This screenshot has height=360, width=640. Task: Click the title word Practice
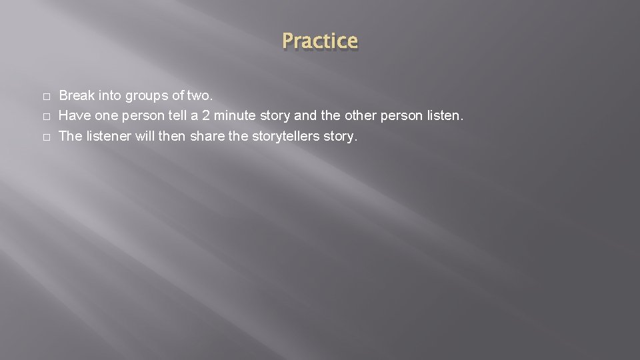pyautogui.click(x=319, y=41)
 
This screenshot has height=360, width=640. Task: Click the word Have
pyautogui.click(x=75, y=116)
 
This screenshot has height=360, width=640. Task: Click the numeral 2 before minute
pyautogui.click(x=207, y=116)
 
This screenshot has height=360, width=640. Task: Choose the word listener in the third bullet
pyautogui.click(x=107, y=137)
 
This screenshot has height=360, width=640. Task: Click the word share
pyautogui.click(x=206, y=137)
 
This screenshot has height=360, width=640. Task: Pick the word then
pyautogui.click(x=170, y=137)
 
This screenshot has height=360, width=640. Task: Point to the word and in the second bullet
pyautogui.click(x=305, y=116)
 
